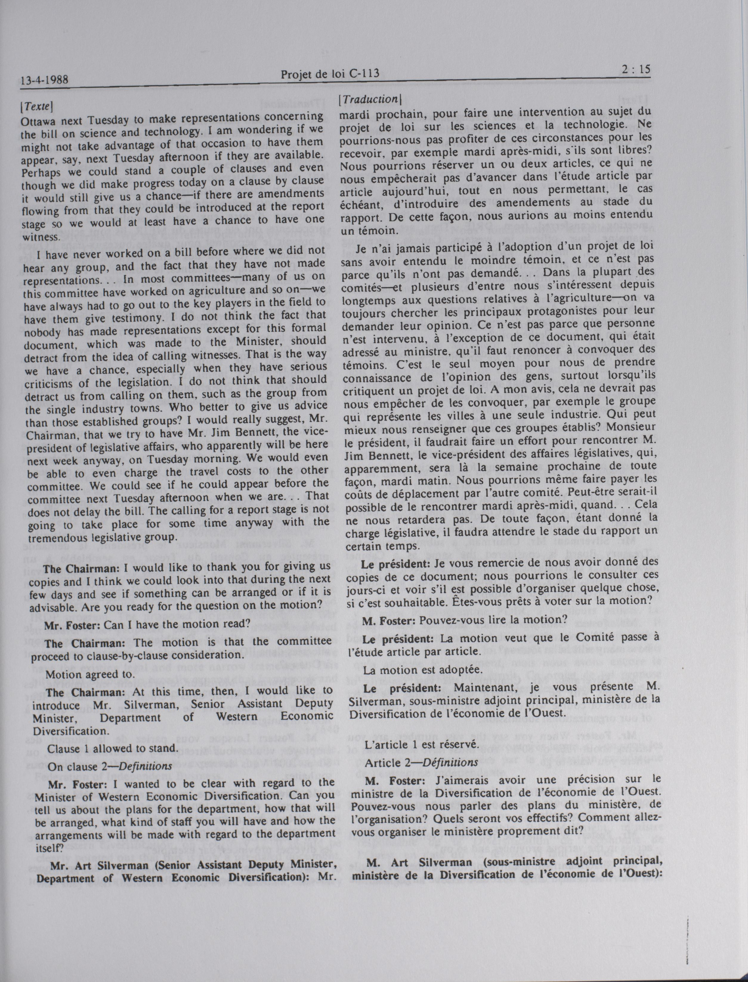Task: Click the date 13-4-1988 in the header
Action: point(44,80)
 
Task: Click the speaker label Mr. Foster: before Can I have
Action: point(72,624)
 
